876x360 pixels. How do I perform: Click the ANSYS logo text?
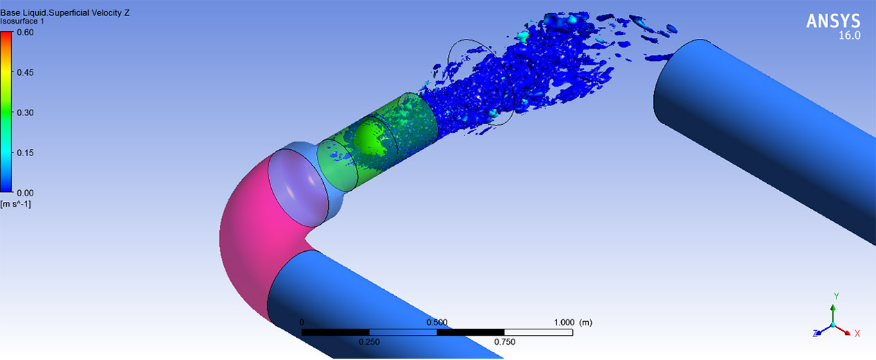pyautogui.click(x=833, y=21)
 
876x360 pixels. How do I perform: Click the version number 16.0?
pyautogui.click(x=850, y=35)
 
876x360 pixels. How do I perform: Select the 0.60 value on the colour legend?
pyautogui.click(x=26, y=33)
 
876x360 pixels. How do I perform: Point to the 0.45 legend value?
pyautogui.click(x=26, y=72)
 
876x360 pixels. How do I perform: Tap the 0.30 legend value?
pyautogui.click(x=26, y=112)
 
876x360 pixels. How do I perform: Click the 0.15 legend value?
pyautogui.click(x=26, y=153)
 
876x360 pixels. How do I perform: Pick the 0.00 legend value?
pyautogui.click(x=26, y=193)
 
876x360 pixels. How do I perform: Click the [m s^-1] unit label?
pyautogui.click(x=16, y=204)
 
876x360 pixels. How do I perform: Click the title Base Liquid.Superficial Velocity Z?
pyautogui.click(x=65, y=12)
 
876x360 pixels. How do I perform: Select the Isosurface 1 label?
pyautogui.click(x=22, y=22)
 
